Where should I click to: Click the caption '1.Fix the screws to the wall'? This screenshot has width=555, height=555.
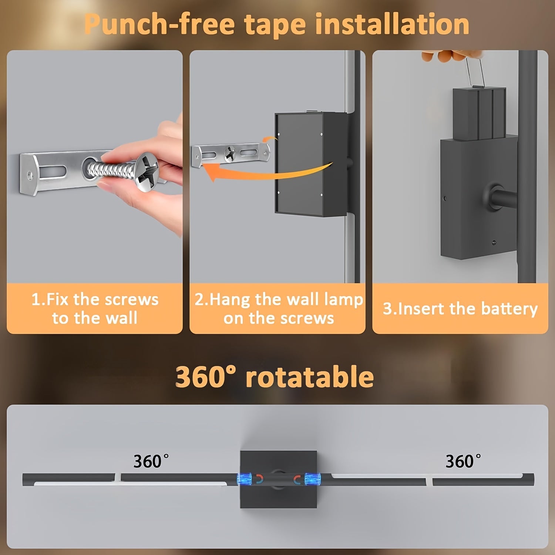95,309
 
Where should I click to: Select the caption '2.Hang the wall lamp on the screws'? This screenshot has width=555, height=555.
278,309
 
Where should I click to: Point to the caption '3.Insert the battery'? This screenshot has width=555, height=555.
460,309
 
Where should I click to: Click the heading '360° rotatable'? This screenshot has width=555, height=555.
274,377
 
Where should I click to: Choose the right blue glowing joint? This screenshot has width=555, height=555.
312,479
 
